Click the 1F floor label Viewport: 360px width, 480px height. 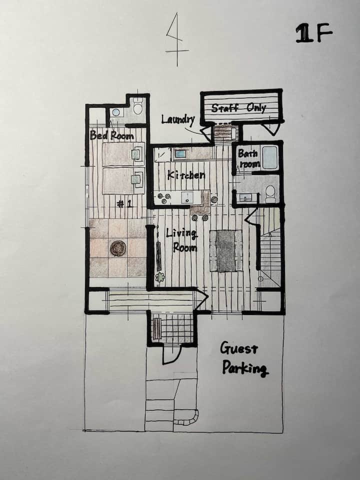pos(314,33)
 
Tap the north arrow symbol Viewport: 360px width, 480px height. pos(177,40)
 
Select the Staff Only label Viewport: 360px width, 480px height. pos(238,108)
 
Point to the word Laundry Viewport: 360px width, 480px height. pos(178,119)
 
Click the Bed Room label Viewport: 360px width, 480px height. pos(111,135)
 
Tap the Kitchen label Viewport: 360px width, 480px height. pos(186,175)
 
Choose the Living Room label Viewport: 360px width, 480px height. pos(182,240)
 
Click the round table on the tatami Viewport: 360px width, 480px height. pos(118,248)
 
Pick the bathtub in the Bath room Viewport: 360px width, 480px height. pos(269,157)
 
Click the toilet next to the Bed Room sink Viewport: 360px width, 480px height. pos(138,106)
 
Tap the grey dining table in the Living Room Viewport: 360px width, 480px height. pos(226,251)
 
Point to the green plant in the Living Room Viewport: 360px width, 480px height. pos(159,277)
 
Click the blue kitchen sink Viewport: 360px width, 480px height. pos(180,154)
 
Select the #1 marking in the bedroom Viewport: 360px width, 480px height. pos(125,204)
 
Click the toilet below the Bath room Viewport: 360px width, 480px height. pos(270,194)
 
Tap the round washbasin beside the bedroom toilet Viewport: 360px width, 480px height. pos(115,112)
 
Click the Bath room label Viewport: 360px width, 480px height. pos(249,158)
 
